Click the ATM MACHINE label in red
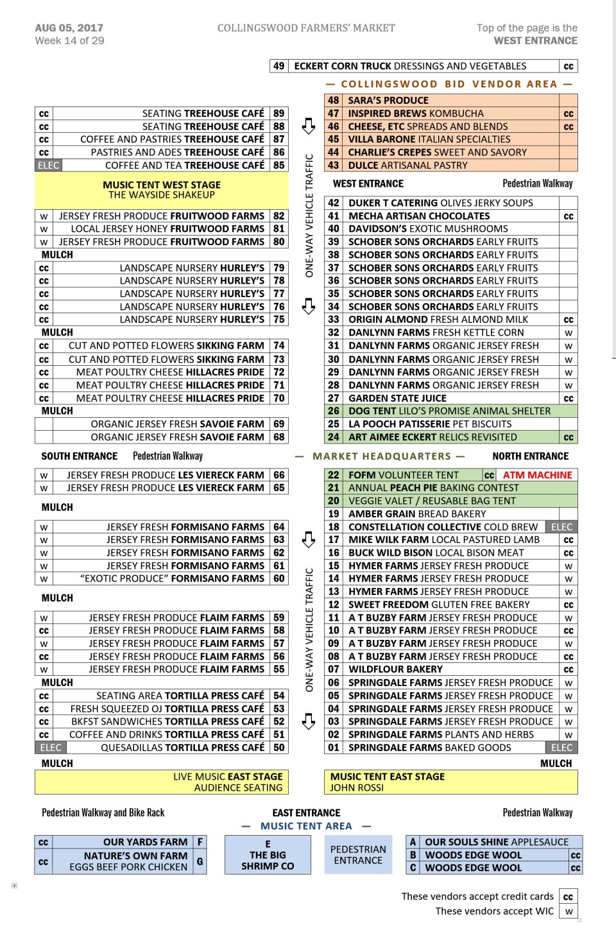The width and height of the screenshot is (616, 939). click(537, 475)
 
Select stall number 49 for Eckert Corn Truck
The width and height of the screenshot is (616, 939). click(278, 66)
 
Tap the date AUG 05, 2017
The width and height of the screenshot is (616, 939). click(69, 28)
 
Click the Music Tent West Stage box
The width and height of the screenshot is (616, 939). click(162, 189)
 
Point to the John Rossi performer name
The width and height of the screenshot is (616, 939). click(357, 788)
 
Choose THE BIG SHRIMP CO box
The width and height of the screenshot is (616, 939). click(268, 855)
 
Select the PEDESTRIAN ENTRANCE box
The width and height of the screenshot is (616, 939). click(358, 855)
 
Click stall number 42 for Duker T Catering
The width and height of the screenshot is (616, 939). click(334, 203)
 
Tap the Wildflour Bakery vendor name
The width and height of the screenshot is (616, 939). click(395, 669)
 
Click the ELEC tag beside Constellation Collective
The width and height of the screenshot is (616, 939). click(561, 527)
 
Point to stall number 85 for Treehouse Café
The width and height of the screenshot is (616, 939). click(278, 166)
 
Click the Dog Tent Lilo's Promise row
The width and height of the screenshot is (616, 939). click(449, 411)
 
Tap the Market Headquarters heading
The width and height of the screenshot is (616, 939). click(382, 456)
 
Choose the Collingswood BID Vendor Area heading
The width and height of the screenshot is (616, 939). click(449, 84)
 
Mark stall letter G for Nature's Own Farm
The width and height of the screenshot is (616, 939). click(200, 861)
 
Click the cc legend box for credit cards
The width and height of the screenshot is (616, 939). click(568, 897)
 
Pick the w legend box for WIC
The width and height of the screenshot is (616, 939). click(568, 911)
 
